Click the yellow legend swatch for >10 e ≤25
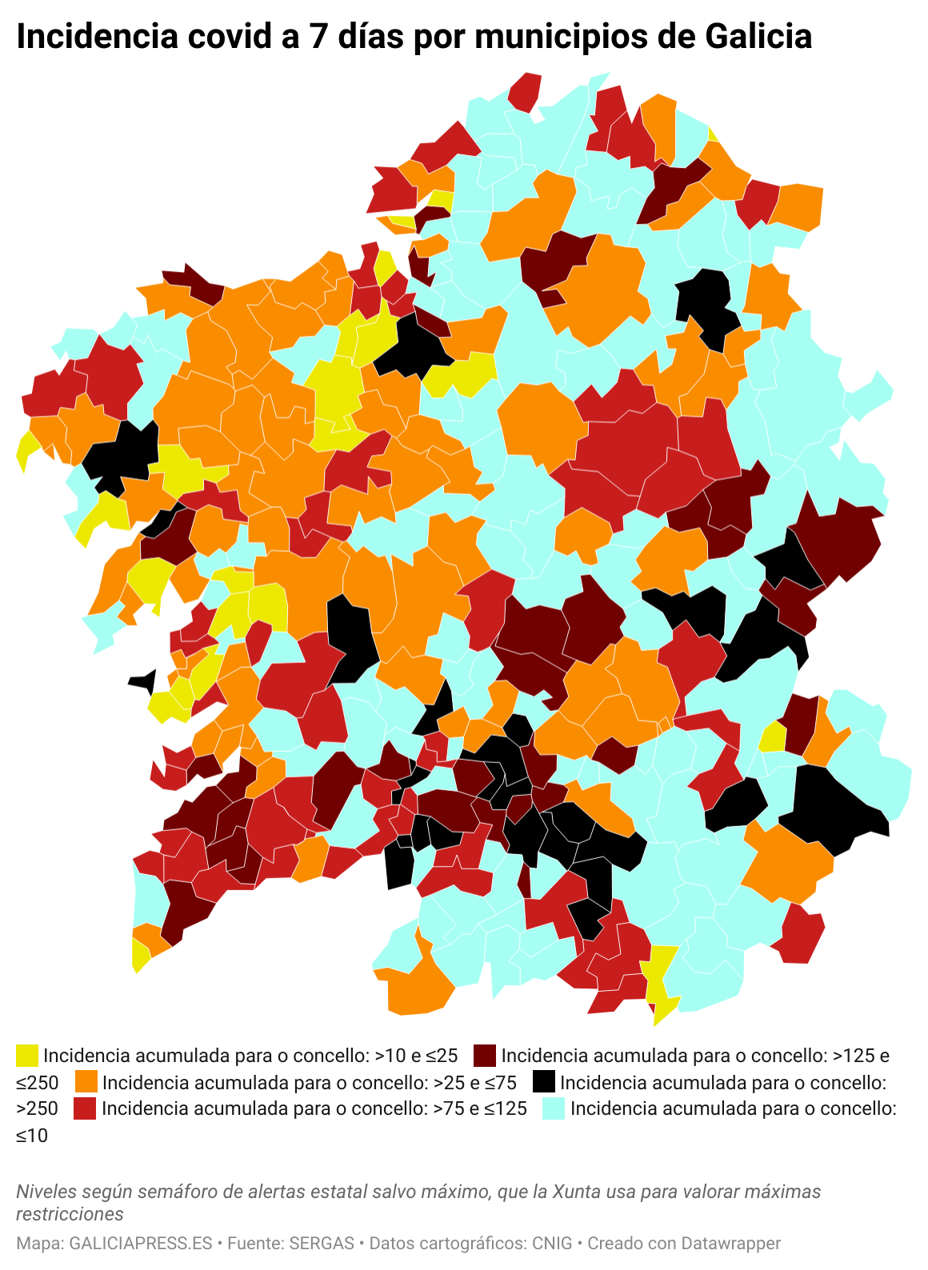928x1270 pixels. point(27,1056)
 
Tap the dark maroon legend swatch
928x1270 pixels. point(485,1056)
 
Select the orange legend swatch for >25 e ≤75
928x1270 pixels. point(86,1082)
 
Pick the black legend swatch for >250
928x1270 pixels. point(544,1082)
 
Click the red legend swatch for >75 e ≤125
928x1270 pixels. point(85,1108)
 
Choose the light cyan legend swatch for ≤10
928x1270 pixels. point(554,1108)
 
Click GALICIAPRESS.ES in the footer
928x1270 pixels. point(141,1244)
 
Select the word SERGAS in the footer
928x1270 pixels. point(322,1244)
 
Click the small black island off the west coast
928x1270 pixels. point(144,681)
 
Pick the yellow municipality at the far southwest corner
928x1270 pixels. point(140,956)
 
